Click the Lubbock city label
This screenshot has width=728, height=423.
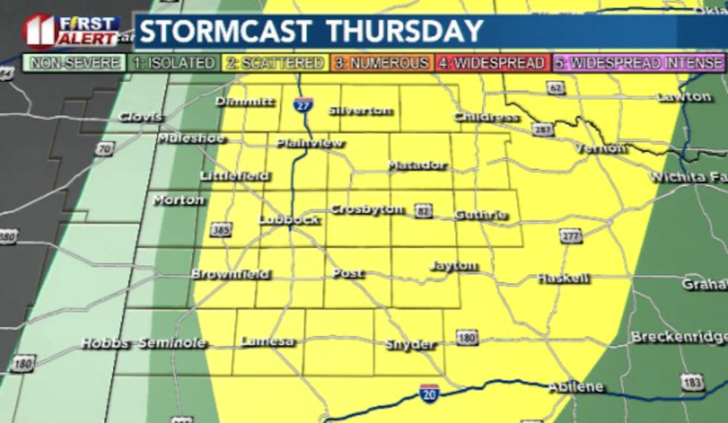[x=288, y=219]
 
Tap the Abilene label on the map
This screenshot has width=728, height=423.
[x=576, y=387]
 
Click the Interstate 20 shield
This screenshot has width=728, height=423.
[x=429, y=393]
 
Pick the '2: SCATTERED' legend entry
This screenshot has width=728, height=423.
[x=276, y=63]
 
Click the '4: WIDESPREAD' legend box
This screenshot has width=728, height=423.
[x=490, y=63]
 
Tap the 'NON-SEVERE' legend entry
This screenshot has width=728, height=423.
[x=74, y=63]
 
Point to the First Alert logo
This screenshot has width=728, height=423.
[x=71, y=30]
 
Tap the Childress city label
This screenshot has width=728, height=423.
[x=486, y=117]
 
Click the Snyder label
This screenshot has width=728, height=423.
[x=410, y=344]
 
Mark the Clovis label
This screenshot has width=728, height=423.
[x=140, y=117]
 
